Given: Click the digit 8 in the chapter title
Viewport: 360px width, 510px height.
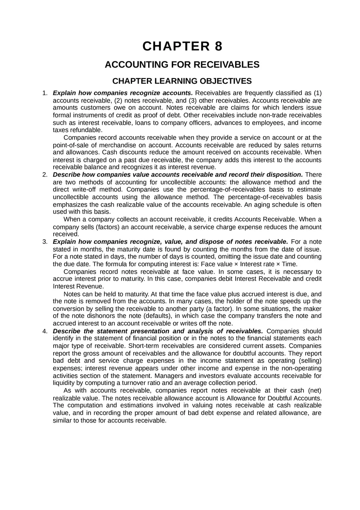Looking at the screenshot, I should coord(218,46).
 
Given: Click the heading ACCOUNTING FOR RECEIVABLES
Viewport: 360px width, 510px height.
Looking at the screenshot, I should coord(182,65).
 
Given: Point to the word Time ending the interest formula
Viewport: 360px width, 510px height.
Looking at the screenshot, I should coord(289,264).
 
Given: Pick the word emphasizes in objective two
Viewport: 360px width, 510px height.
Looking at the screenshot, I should coord(70,204).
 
